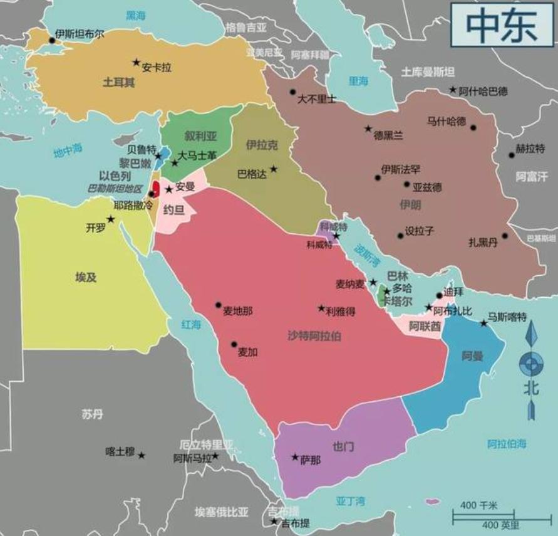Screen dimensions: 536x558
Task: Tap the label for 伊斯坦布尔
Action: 80,34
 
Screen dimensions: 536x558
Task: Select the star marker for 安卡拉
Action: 136,62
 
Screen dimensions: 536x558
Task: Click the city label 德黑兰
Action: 389,134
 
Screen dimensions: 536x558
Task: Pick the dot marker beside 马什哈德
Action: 473,127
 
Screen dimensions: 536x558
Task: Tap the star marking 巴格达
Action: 274,169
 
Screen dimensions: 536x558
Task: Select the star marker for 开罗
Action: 111,219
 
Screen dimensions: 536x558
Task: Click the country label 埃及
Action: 86,276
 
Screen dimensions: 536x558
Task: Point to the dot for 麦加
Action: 234,344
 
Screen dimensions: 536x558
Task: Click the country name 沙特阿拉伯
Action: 314,335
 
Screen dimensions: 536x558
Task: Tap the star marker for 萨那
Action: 294,457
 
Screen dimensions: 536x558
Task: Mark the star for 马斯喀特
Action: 483,323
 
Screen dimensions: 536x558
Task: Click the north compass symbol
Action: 531,367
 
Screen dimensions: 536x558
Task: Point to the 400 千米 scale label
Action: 478,505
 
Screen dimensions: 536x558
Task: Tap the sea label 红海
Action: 191,324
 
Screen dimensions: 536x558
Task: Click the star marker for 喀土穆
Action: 142,455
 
